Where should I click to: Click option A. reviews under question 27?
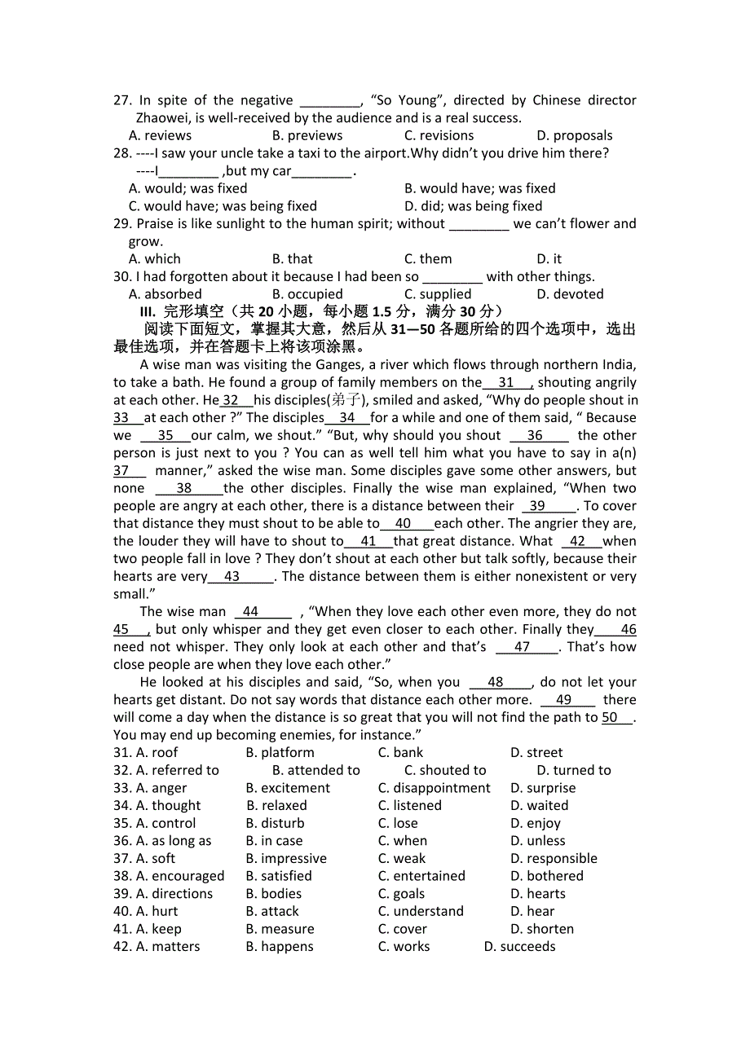[x=160, y=135]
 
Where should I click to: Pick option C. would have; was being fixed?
[x=223, y=206]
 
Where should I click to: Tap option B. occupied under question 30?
[x=307, y=294]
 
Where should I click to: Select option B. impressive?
[x=286, y=859]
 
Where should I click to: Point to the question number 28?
[x=121, y=153]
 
